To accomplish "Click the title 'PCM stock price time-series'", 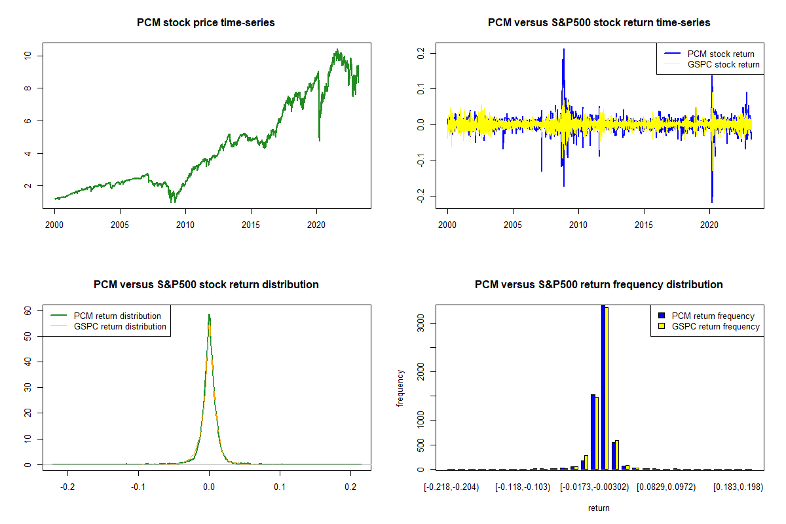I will coord(206,23).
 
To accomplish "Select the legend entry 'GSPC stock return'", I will coord(723,64).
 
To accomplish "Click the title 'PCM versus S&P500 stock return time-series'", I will coord(599,23).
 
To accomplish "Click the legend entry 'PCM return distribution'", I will coord(117,316).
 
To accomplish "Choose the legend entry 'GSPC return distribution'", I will coord(120,326).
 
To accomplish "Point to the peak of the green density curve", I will coord(209,314).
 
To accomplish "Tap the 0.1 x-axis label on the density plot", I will coord(280,488).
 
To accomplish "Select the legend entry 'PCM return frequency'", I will coord(713,316).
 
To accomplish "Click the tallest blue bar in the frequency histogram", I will coord(603,386).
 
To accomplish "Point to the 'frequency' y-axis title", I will coord(400,388).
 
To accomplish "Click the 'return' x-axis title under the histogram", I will coord(599,508).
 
